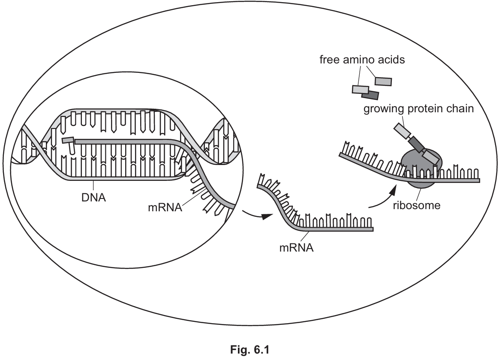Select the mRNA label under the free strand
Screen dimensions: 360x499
pos(296,247)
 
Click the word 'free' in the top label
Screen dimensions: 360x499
pos(331,60)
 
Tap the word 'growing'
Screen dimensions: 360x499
pos(382,108)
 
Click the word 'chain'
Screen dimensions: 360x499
pos(461,108)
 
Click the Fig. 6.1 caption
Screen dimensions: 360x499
pos(249,348)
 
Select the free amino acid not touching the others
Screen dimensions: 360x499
pos(383,81)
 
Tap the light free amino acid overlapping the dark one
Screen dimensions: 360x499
pos(361,89)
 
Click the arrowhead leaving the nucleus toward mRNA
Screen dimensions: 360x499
pos(266,216)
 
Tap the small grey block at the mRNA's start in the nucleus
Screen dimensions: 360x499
pos(67,140)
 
